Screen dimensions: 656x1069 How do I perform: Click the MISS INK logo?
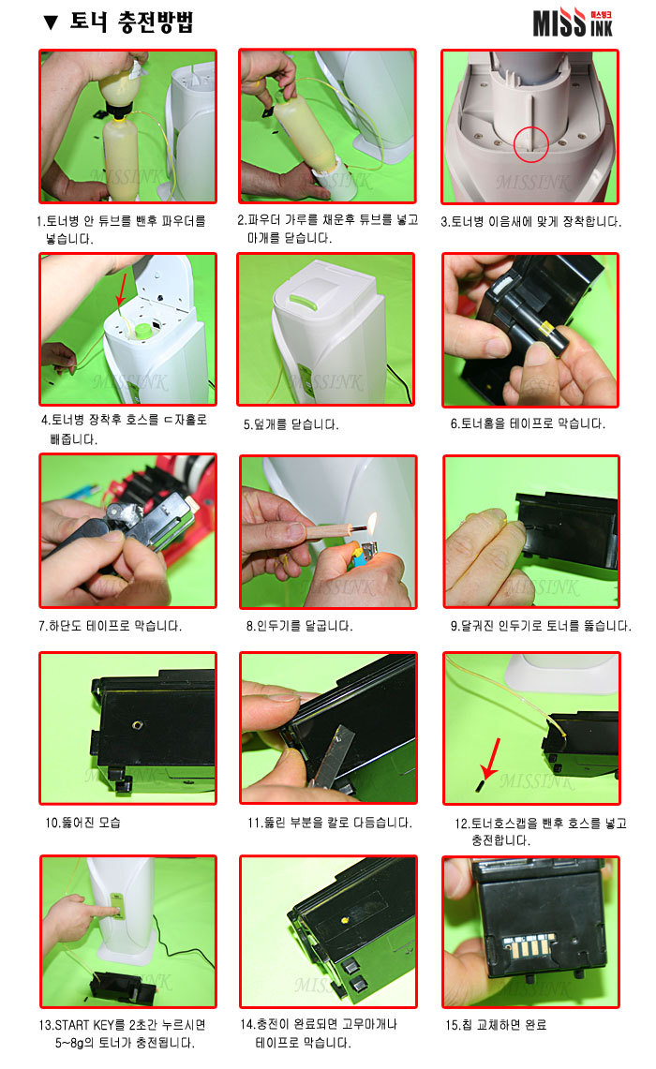[x=573, y=22]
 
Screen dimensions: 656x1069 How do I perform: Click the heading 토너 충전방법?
[x=131, y=22]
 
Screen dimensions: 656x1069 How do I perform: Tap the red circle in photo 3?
[x=530, y=144]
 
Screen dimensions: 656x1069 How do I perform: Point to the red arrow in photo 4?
[x=122, y=290]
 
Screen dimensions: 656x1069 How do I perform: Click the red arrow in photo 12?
[x=490, y=759]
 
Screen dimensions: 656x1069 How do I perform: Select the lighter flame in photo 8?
[x=372, y=523]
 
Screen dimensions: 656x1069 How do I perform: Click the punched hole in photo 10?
[x=137, y=725]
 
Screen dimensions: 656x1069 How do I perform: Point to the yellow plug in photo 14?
[x=344, y=920]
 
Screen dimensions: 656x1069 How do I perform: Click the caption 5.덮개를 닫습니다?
[x=291, y=424]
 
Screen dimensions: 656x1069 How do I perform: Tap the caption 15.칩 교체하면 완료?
[x=496, y=1025]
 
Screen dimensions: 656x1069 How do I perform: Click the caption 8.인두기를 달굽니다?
[x=299, y=625]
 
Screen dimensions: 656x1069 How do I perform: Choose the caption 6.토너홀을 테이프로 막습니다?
[x=528, y=423]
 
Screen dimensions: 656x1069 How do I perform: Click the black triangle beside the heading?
[x=51, y=23]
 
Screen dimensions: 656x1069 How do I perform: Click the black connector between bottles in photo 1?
[x=116, y=109]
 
